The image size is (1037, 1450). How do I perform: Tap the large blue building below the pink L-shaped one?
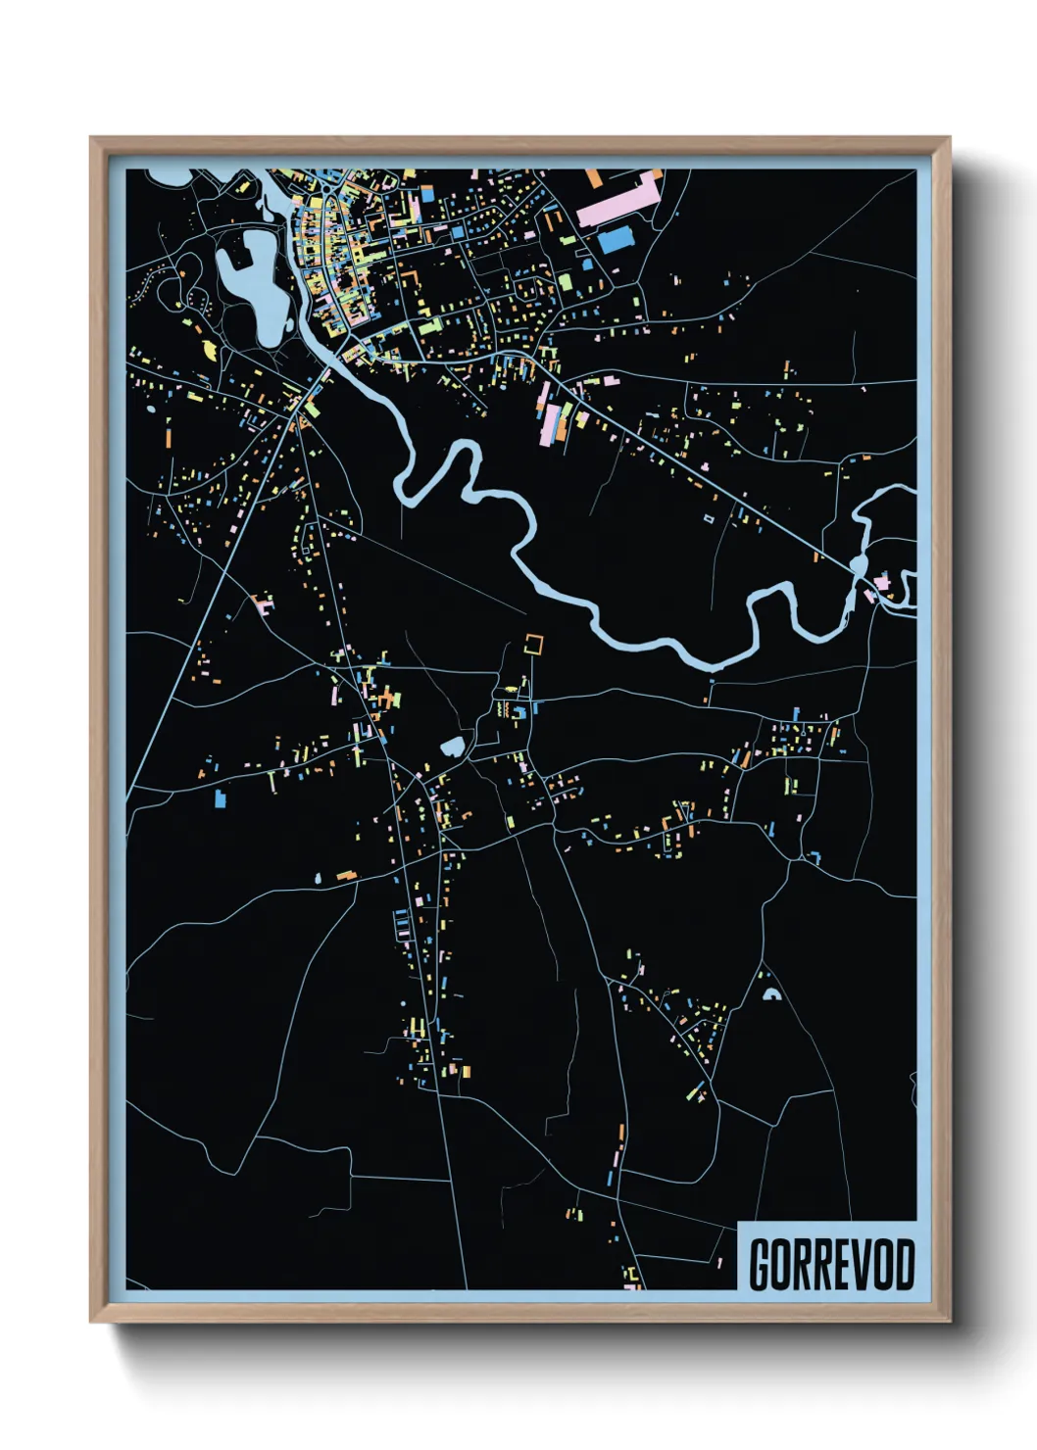click(x=615, y=239)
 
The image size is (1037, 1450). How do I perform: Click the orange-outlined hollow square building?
click(x=533, y=644)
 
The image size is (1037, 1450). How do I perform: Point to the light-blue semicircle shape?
click(x=770, y=994)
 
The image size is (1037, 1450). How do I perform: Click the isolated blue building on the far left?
click(x=221, y=799)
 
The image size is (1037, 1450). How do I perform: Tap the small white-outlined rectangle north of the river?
click(x=710, y=517)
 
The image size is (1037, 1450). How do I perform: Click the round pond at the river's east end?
click(x=859, y=564)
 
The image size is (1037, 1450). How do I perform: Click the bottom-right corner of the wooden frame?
click(x=949, y=1321)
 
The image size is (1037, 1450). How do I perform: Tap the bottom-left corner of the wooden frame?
click(x=91, y=1321)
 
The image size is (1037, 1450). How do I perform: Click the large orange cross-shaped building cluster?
click(x=391, y=699)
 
